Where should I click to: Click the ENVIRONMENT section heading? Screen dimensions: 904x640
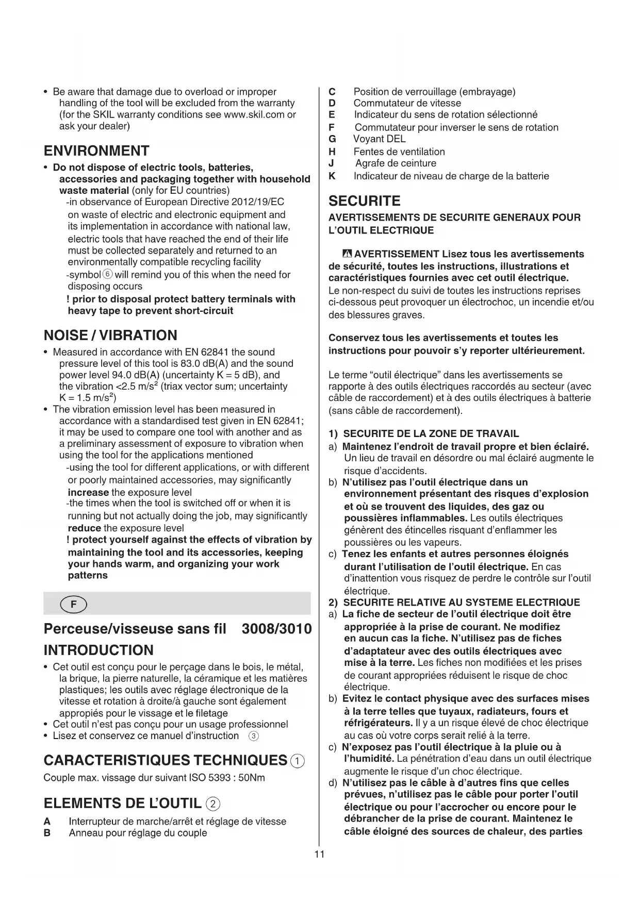tap(96, 151)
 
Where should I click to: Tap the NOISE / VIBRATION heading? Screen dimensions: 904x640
tap(110, 336)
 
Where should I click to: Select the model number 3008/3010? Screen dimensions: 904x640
tap(276, 629)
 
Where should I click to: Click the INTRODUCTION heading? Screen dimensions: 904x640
tap(99, 650)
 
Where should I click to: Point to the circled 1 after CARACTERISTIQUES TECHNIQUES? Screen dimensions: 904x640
tap(298, 761)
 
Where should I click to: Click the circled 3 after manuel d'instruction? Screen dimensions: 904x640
tap(253, 736)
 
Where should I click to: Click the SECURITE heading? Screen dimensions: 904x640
tap(364, 201)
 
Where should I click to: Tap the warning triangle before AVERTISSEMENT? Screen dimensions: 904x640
tap(347, 254)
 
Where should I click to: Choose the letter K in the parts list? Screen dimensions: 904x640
tap(332, 176)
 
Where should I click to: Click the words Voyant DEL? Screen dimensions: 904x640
tap(379, 139)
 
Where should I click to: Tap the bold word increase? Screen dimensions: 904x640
tap(88, 492)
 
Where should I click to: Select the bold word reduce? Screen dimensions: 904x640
tap(84, 528)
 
